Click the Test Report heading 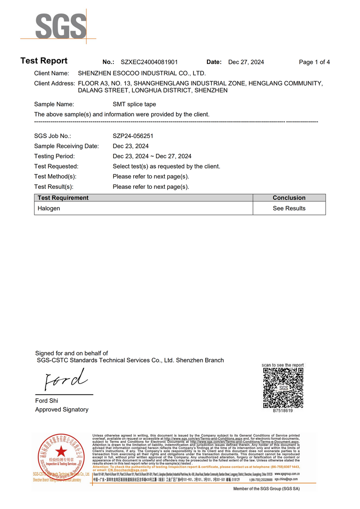(44, 61)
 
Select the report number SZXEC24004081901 (149, 62)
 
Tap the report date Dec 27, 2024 (246, 62)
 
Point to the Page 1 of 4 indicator (314, 62)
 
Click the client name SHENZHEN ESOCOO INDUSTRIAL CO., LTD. (142, 73)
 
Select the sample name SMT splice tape (134, 104)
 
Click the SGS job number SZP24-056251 (135, 136)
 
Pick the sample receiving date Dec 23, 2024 (130, 146)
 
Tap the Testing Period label (54, 156)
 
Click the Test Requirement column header (63, 198)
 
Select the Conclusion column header (289, 198)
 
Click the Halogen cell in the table (49, 208)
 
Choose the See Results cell (289, 208)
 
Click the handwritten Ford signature (64, 380)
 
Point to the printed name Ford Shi (47, 401)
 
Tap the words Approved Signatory (62, 410)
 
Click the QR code (283, 388)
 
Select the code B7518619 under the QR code (283, 411)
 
